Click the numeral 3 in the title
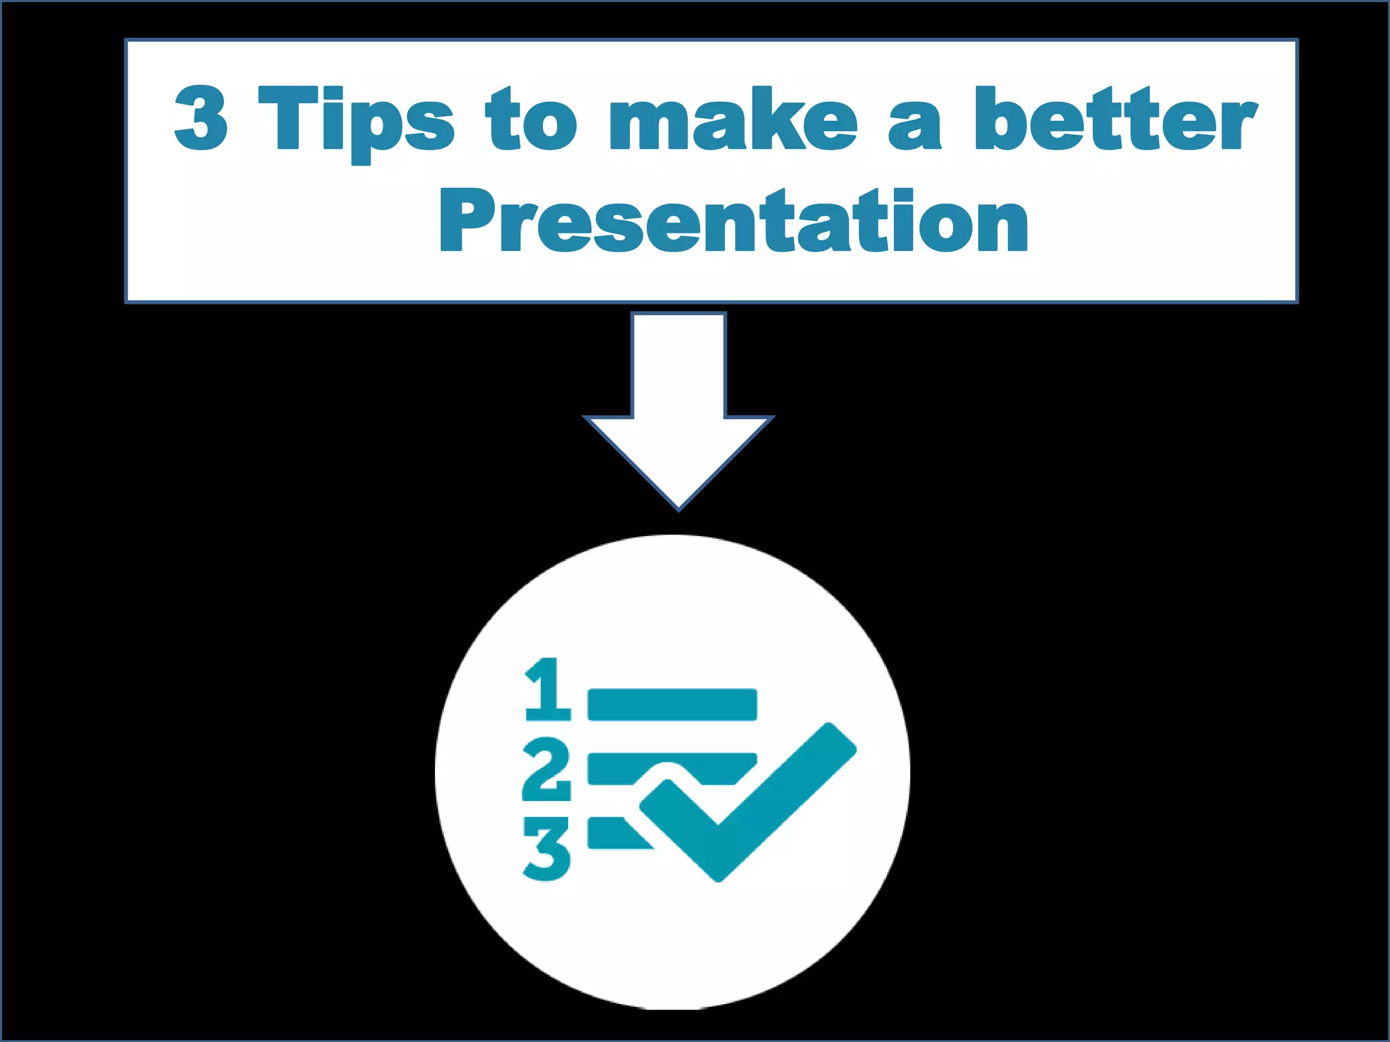[201, 119]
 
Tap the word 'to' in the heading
[531, 120]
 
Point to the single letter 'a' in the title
[915, 126]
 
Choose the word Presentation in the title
[734, 221]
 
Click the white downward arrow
[679, 400]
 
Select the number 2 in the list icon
[546, 770]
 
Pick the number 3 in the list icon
[547, 849]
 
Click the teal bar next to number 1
[672, 704]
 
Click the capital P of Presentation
[468, 221]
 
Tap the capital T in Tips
[288, 119]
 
